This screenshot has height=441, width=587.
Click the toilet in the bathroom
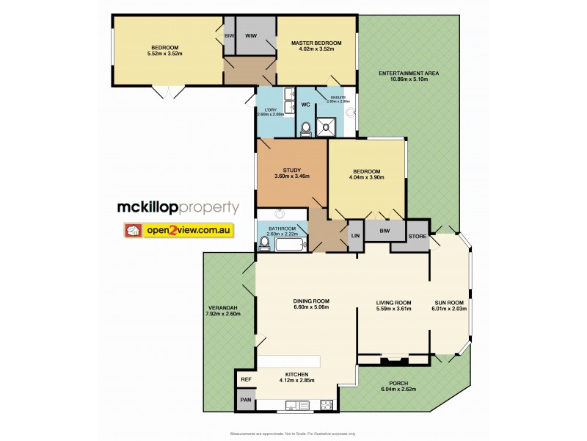click(x=263, y=243)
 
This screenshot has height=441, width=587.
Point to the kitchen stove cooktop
click(x=326, y=404)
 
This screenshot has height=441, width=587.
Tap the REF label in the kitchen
click(x=246, y=379)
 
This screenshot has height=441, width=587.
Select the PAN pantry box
click(x=246, y=401)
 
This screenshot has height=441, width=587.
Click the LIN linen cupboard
click(x=355, y=235)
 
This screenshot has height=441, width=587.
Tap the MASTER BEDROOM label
click(x=316, y=43)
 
